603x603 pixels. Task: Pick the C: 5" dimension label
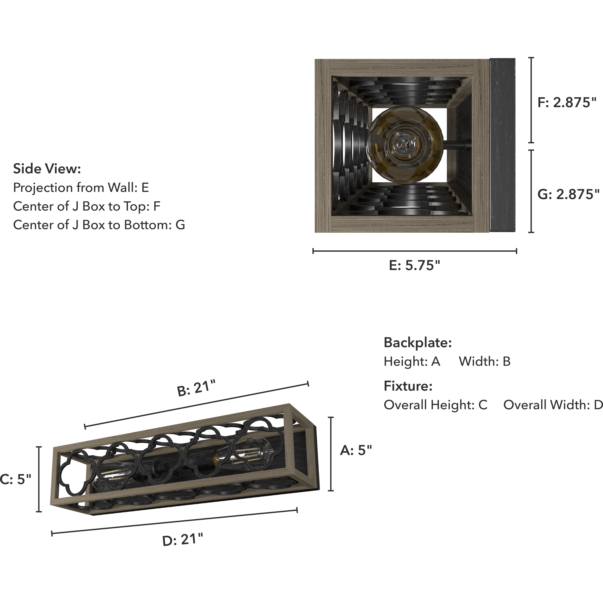[16, 479]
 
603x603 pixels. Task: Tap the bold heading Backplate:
[418, 343]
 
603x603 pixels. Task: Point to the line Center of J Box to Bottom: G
[99, 225]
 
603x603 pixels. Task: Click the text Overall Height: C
[435, 405]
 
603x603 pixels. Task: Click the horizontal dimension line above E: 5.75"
[415, 251]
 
